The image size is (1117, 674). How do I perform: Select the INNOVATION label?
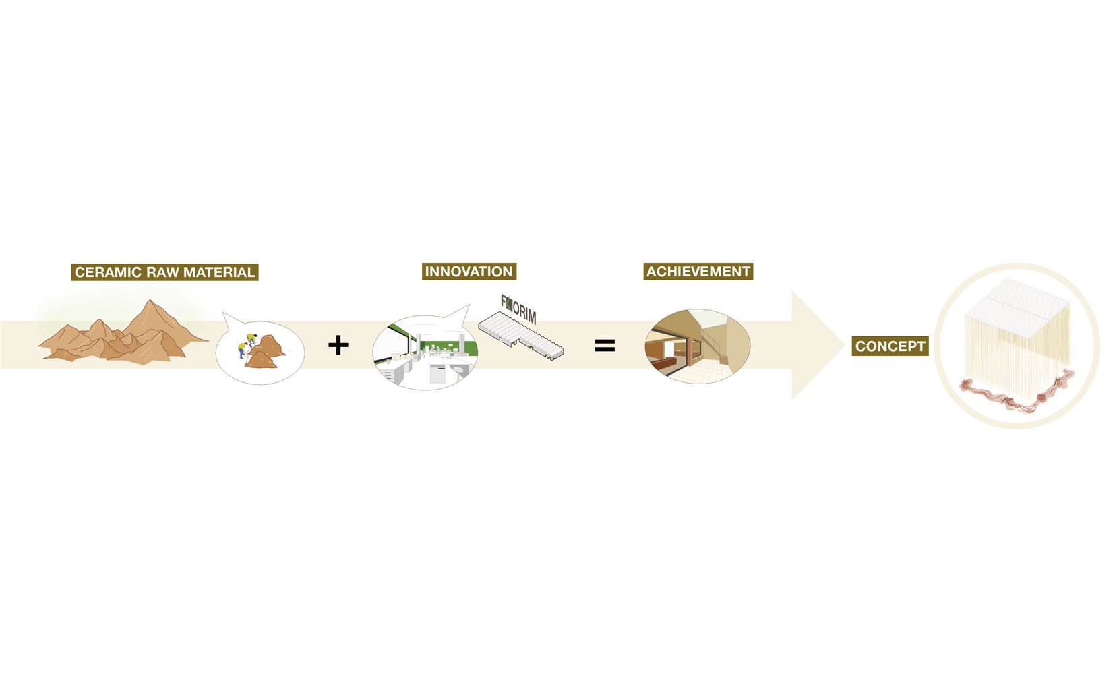tap(469, 272)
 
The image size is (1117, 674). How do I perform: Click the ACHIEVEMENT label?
tap(698, 272)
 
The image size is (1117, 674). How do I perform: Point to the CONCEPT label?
tap(890, 346)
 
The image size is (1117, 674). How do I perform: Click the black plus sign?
tap(338, 345)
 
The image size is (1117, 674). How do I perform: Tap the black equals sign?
tap(605, 346)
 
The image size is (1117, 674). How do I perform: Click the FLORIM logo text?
tap(518, 309)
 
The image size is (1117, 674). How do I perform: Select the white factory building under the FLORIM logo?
tap(521, 336)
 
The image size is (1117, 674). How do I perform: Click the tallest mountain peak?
tap(148, 301)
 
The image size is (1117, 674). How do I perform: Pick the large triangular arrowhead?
tap(818, 345)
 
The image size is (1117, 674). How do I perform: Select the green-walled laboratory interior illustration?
tap(425, 353)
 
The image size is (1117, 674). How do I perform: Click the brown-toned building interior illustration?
tap(697, 346)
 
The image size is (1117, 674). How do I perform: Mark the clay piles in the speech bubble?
tap(264, 352)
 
